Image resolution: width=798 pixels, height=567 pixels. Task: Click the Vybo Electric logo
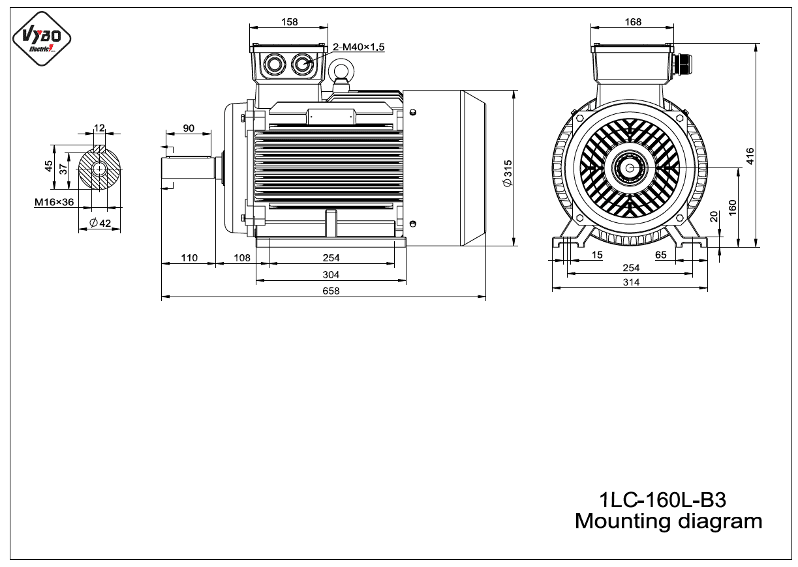pos(42,38)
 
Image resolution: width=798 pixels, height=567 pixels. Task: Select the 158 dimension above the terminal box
pos(289,22)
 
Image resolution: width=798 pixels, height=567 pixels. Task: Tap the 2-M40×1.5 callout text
pos(358,47)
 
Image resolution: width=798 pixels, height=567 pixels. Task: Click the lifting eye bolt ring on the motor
pos(341,71)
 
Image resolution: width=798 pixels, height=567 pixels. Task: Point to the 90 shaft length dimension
pos(189,128)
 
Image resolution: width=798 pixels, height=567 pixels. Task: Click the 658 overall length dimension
pos(331,291)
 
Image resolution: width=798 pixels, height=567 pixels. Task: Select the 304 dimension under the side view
pos(331,275)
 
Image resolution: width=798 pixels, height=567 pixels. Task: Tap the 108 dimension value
pos(242,257)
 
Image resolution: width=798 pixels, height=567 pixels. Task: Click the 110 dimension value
pos(189,257)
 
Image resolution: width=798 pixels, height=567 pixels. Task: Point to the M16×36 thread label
pos(54,202)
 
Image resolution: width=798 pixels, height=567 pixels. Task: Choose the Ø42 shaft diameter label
pos(100,223)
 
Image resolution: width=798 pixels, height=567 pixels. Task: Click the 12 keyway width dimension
pos(99,128)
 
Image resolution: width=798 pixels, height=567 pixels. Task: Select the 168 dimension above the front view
pos(633,22)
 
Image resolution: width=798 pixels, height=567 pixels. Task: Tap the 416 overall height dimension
pos(750,156)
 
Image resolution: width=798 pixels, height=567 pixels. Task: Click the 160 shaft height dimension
pos(732,207)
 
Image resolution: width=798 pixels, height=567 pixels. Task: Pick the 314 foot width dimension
pos(631,282)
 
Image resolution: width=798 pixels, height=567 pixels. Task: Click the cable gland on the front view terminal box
pos(683,64)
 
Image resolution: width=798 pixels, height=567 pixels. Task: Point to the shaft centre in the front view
pos(630,167)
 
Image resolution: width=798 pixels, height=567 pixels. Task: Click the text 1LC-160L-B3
pos(663,500)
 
